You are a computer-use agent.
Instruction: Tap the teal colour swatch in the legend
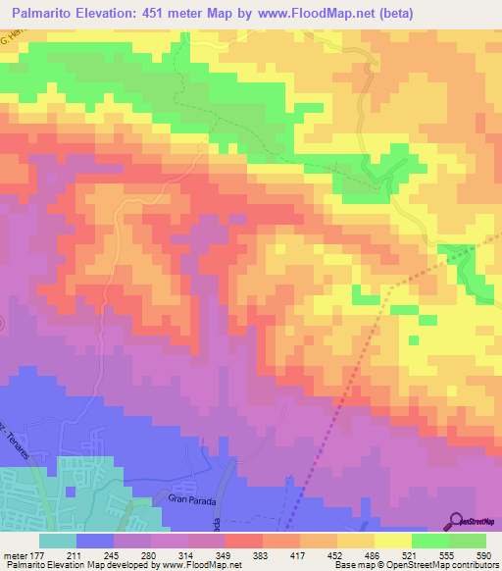pos(58,541)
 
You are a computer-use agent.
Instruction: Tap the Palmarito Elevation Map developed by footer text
pos(69,565)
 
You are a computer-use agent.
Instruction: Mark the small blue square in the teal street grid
pos(70,492)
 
